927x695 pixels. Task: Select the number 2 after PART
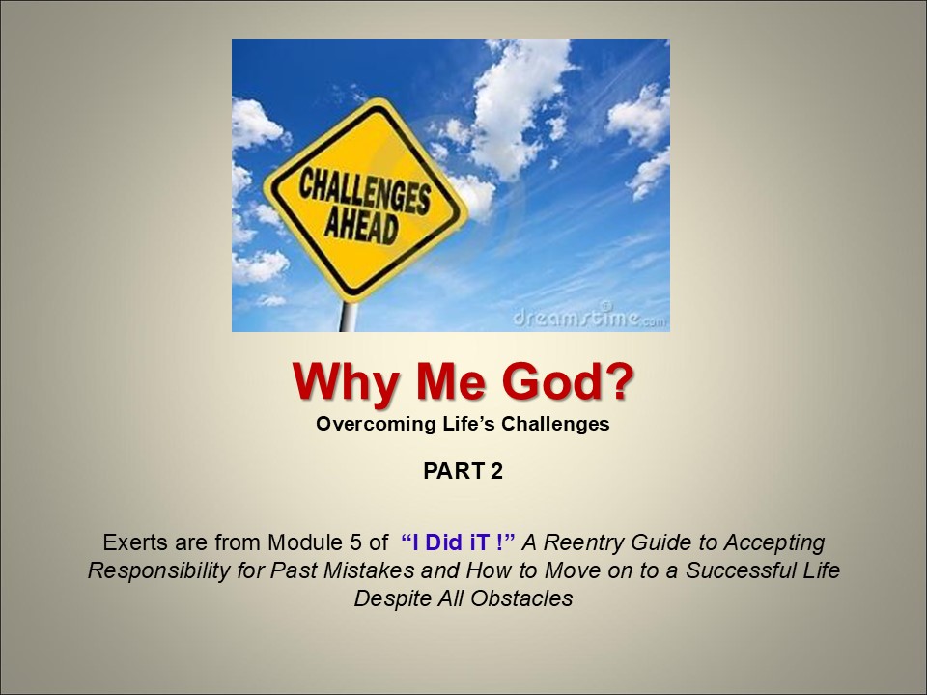tap(496, 472)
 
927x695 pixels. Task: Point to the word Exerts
tap(132, 542)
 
